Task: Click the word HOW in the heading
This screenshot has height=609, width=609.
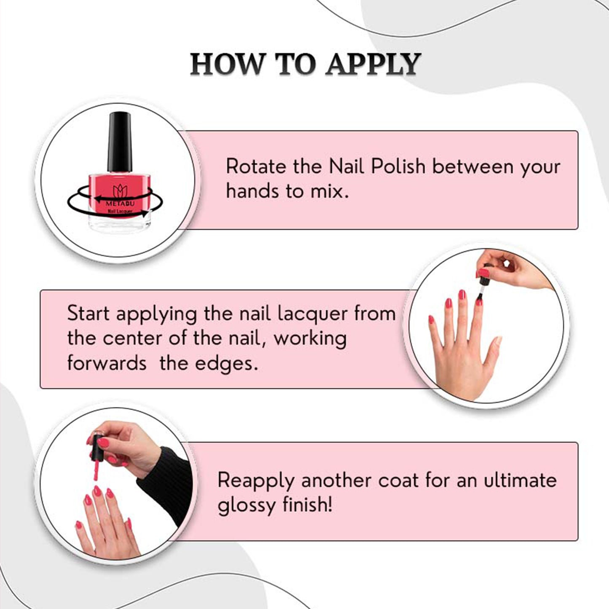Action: point(227,64)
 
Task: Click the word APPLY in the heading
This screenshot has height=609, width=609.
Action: point(373,64)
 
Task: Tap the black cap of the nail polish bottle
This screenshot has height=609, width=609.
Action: point(119,142)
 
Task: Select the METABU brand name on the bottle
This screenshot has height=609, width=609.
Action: point(120,204)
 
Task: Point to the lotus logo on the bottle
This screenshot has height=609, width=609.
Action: point(120,191)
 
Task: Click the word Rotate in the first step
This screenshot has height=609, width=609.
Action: point(256,166)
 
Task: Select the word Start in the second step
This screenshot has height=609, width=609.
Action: point(88,314)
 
